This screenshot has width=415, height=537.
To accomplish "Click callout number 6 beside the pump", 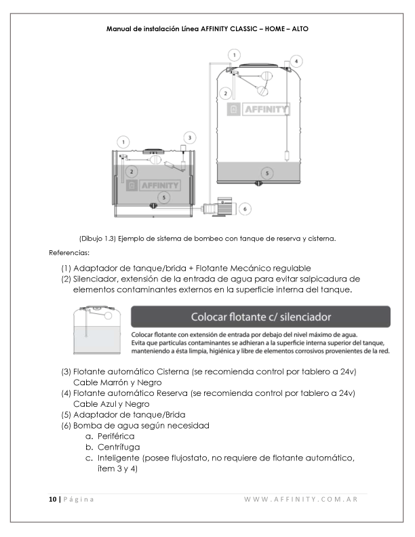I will pyautogui.click(x=245, y=208).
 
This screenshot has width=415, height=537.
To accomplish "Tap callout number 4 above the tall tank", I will pyautogui.click(x=296, y=60).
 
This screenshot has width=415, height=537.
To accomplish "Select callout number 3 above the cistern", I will pyautogui.click(x=191, y=138).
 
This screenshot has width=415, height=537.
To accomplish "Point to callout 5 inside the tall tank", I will pyautogui.click(x=268, y=174).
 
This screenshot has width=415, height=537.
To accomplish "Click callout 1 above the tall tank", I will pyautogui.click(x=234, y=54).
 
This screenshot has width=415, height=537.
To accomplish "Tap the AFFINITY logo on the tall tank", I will pyautogui.click(x=260, y=110).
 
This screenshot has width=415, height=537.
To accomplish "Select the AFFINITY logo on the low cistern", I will pyautogui.click(x=153, y=185).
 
